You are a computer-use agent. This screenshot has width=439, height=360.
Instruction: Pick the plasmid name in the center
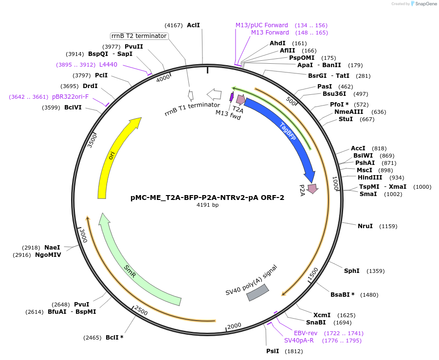click(x=207, y=198)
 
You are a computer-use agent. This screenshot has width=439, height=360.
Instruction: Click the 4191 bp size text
click(x=207, y=205)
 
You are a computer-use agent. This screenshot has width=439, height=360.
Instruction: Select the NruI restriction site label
click(x=365, y=226)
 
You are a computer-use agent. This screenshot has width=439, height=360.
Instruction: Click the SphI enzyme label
click(x=352, y=271)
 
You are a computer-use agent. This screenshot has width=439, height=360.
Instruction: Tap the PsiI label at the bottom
click(x=273, y=351)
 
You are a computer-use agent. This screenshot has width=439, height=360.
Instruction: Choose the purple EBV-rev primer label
click(x=306, y=333)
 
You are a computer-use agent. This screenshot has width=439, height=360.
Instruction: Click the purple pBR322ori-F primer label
click(x=71, y=97)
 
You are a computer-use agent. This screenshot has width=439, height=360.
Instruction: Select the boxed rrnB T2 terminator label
click(x=139, y=36)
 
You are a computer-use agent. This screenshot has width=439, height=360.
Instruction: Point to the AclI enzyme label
click(x=193, y=25)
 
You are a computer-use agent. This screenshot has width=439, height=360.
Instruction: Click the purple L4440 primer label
click(x=108, y=64)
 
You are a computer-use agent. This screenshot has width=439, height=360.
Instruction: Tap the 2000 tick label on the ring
click(x=235, y=325)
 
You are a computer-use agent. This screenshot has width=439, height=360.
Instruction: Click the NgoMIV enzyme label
click(x=48, y=254)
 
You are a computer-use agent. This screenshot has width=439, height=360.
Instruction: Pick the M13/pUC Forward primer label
click(x=262, y=25)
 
